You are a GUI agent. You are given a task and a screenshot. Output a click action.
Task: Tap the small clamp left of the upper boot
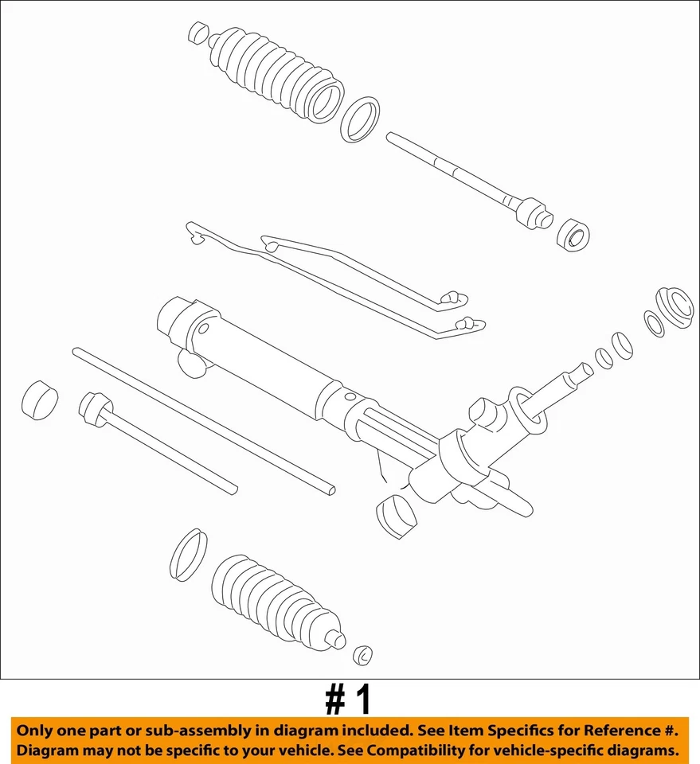click(198, 33)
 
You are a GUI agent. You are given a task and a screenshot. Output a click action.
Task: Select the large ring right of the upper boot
click(359, 119)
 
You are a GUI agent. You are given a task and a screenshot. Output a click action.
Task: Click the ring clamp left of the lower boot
click(188, 554)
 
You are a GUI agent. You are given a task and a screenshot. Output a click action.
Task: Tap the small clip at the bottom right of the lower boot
click(363, 655)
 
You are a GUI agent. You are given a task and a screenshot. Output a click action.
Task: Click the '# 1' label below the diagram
click(349, 701)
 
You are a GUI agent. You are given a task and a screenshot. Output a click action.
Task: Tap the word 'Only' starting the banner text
click(37, 731)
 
